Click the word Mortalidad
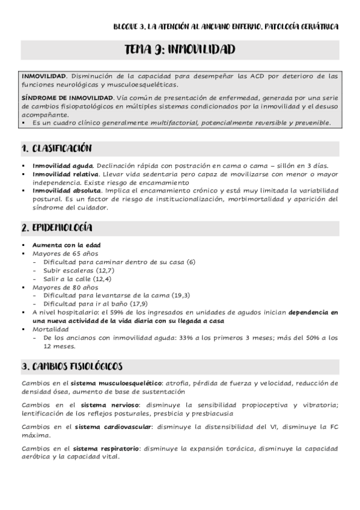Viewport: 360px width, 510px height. pos(51,330)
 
